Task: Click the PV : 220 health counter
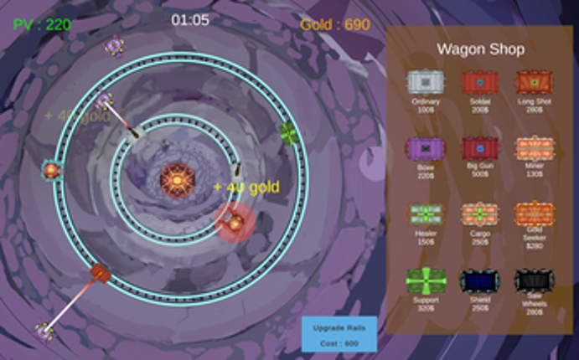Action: point(42,25)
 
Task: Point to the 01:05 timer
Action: point(190,19)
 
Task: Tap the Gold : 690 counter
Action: point(335,25)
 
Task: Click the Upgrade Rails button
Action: point(339,334)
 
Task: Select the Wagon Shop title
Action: point(480,49)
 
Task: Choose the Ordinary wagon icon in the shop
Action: point(426,81)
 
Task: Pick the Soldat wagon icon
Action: point(480,81)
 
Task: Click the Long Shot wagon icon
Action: point(534,81)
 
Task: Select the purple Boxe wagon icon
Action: point(426,148)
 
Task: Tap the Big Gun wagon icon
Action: point(480,148)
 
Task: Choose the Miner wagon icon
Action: point(534,148)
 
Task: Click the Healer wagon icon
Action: point(426,214)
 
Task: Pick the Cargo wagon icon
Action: point(480,214)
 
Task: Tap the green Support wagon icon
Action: point(426,280)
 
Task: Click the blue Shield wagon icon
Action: point(480,280)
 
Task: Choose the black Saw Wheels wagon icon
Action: point(534,280)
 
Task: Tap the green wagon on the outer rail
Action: point(288,132)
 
